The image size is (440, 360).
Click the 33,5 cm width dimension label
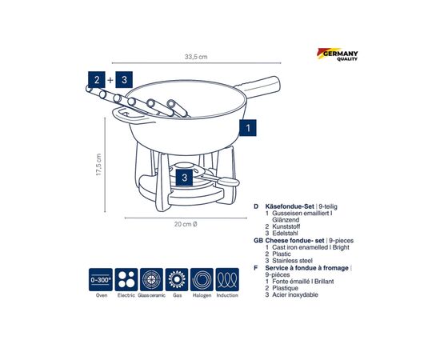click(x=196, y=57)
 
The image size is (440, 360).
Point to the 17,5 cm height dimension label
click(x=98, y=165)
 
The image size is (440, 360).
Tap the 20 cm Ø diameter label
click(x=186, y=224)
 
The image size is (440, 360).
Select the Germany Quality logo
click(x=338, y=54)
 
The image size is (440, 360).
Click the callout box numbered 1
click(x=248, y=128)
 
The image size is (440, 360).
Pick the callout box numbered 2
click(x=97, y=80)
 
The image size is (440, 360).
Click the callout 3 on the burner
click(x=184, y=178)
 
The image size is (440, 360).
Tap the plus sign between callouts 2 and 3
click(x=110, y=80)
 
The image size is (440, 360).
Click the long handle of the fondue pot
click(x=259, y=86)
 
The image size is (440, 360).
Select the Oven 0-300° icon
click(x=101, y=279)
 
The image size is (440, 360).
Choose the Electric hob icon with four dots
click(x=126, y=279)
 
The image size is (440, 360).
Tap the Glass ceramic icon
click(x=151, y=279)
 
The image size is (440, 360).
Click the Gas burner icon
click(x=177, y=279)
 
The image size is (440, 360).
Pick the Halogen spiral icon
click(x=202, y=279)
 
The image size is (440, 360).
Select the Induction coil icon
click(x=227, y=279)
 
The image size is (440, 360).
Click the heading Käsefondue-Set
click(x=290, y=206)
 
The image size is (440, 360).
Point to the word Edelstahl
click(x=285, y=233)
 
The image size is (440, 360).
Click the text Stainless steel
click(x=292, y=261)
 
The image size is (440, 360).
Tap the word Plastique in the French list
click(x=286, y=288)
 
